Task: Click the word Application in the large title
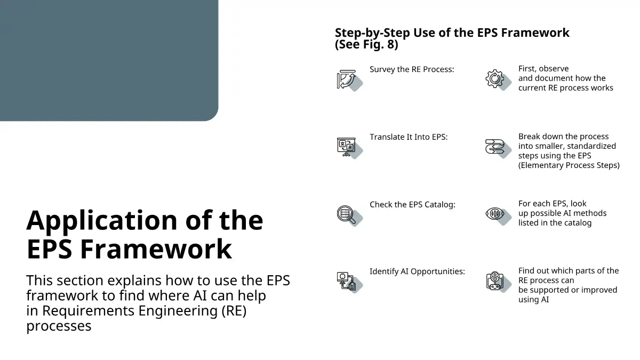(102, 221)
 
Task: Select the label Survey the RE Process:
(412, 69)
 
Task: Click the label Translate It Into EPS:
(409, 137)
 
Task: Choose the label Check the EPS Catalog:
(412, 205)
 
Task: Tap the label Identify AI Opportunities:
(417, 271)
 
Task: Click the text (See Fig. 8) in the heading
(366, 44)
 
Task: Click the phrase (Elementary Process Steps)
(569, 165)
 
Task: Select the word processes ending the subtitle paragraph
(59, 326)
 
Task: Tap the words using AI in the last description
(533, 300)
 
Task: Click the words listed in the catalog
(555, 223)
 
